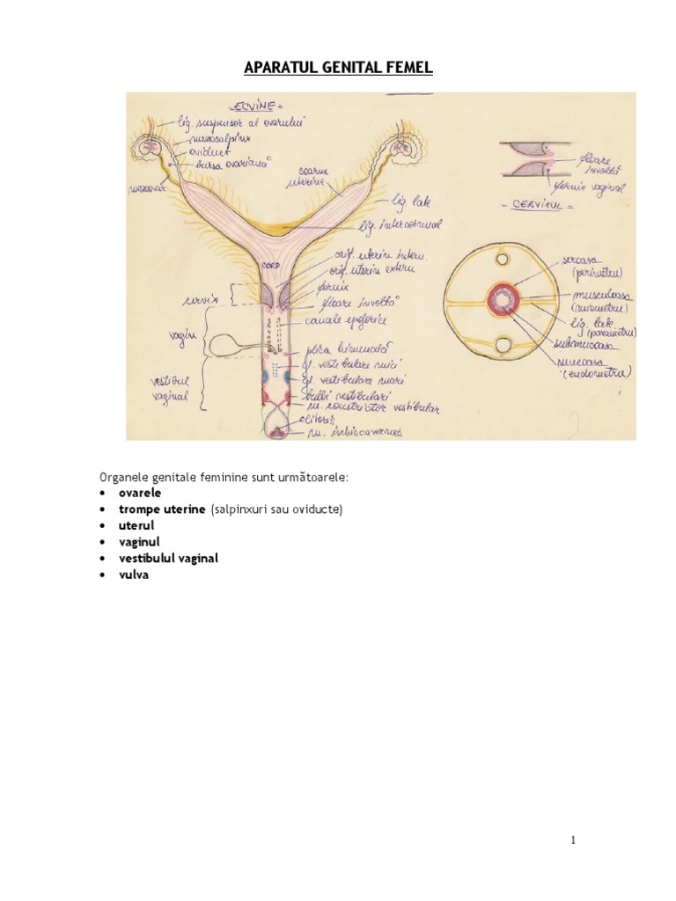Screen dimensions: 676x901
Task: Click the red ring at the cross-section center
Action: (x=503, y=300)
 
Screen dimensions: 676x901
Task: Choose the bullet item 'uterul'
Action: (x=136, y=525)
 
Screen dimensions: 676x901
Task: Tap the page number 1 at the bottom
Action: (x=574, y=840)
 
